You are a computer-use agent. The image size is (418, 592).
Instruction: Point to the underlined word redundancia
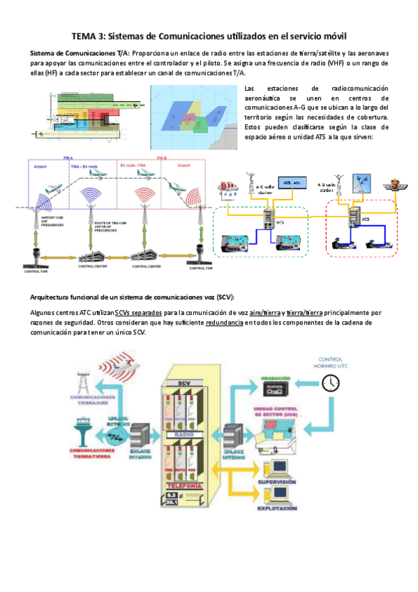(x=225, y=323)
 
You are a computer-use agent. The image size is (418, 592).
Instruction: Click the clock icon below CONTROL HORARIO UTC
(x=330, y=382)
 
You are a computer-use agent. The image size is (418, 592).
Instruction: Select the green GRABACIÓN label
(x=274, y=378)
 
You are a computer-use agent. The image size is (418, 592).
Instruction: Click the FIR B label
(x=162, y=159)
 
